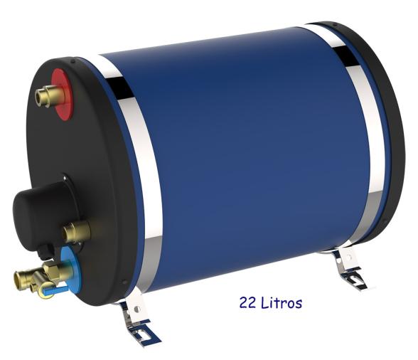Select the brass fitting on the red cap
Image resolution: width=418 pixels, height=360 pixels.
[49, 95]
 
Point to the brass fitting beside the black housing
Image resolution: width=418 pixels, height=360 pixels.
[77, 232]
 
